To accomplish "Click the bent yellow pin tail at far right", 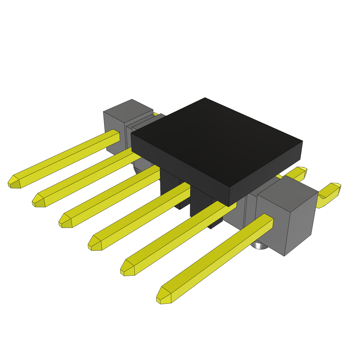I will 329,193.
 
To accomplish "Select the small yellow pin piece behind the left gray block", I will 156,114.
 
